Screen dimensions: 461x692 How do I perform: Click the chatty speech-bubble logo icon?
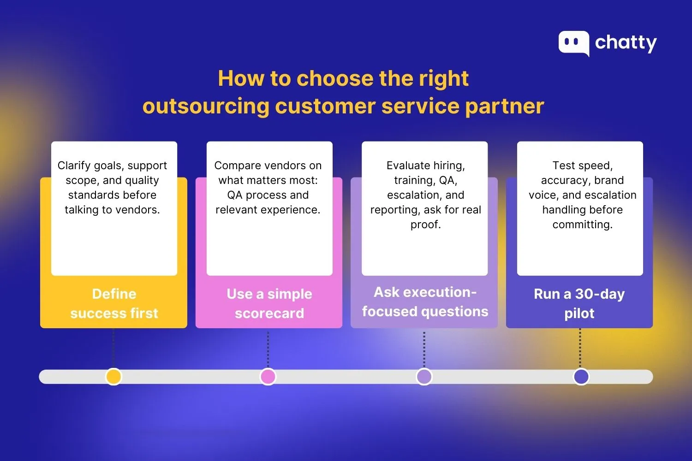(x=573, y=43)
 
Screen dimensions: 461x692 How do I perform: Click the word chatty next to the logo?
(x=626, y=43)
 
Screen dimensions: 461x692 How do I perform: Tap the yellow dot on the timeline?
(x=113, y=377)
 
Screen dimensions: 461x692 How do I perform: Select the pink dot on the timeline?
(x=268, y=377)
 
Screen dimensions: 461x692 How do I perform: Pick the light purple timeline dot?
(x=424, y=377)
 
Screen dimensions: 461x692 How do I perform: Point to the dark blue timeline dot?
(x=581, y=377)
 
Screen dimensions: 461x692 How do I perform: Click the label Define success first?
(x=114, y=303)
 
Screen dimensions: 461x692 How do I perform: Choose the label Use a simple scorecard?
(x=269, y=303)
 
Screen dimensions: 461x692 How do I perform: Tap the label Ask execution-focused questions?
(x=425, y=302)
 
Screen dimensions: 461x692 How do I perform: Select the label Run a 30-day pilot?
(x=579, y=303)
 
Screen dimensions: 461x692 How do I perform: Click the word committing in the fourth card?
(x=582, y=225)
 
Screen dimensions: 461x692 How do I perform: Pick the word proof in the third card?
(x=424, y=225)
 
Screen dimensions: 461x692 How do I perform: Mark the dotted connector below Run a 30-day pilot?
(x=580, y=348)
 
